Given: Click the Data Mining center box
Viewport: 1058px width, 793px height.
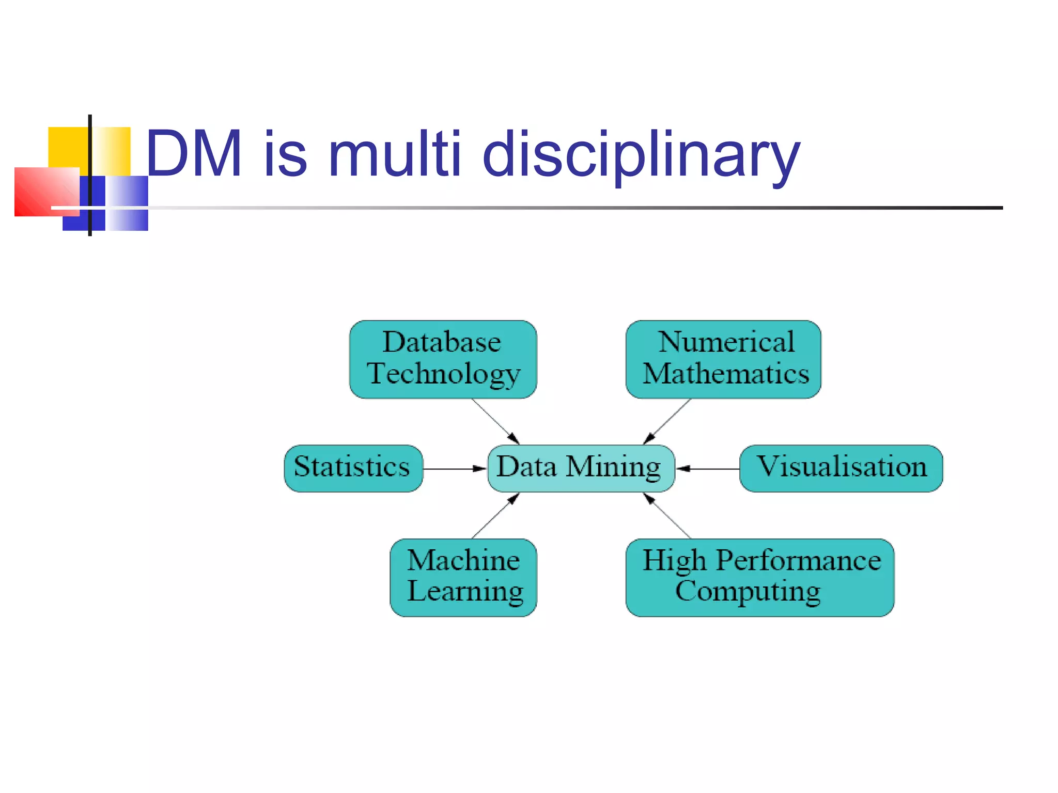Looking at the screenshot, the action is (581, 468).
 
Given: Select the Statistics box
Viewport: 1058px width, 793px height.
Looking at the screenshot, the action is (353, 468).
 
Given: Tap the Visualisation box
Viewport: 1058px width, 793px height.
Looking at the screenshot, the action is (841, 468).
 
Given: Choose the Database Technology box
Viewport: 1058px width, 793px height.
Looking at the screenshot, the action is (443, 359).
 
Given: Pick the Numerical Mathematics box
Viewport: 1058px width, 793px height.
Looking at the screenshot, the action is (723, 359).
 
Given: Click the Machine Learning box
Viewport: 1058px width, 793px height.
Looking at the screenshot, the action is (463, 577).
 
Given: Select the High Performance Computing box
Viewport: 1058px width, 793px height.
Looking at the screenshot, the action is (759, 577).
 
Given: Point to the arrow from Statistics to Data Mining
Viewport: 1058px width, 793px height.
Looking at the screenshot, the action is (454, 469).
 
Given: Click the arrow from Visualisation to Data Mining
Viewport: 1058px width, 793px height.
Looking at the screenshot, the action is (708, 469).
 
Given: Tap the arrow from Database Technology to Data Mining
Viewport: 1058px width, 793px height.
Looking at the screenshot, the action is (495, 421).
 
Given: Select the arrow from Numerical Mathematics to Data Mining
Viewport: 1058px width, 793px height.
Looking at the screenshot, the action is (667, 421).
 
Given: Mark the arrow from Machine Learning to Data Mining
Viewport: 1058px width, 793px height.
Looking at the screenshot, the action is (495, 516).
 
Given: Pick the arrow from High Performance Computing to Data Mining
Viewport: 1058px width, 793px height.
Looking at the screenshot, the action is (667, 516).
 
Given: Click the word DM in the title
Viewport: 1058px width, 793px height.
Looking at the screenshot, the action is (194, 154).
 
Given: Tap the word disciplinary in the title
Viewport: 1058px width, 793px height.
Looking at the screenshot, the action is (641, 155).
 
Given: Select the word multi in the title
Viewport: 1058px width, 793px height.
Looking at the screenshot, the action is (394, 154).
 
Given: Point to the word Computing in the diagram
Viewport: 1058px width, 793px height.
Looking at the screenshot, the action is (748, 592).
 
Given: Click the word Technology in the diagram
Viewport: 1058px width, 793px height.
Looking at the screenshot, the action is (443, 374).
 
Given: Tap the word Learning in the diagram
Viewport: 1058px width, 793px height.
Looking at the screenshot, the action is (465, 592).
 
